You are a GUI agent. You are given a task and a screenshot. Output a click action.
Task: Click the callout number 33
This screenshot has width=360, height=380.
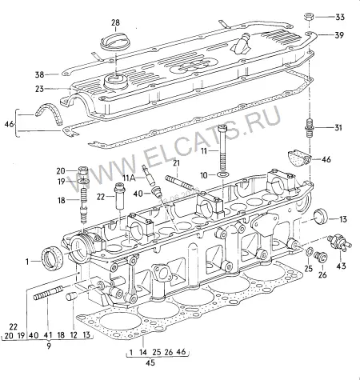340,17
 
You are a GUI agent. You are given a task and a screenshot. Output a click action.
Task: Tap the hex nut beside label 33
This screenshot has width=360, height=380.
309,18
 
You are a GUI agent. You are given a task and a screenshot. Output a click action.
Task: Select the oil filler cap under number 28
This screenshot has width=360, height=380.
116,42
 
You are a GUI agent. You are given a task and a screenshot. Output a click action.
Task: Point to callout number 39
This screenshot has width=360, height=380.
339,35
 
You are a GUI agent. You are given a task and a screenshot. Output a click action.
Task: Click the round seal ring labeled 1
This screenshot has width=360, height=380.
52,258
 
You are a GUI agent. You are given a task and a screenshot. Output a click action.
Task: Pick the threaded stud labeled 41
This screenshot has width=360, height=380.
48,293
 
